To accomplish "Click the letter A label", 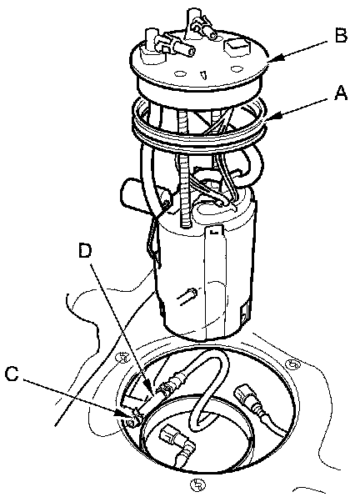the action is pos(341,94).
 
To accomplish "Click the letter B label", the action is pos(341,36).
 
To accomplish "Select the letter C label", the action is pos(12,374).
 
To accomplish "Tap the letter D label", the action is pos(85,252).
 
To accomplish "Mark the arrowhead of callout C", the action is pos(125,413).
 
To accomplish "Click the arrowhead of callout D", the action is pos(152,392).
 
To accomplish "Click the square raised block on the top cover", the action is pos(237,45).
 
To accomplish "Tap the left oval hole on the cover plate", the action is pos(180,74).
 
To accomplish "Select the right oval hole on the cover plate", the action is pos(237,68).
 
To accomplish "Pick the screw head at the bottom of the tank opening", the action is pos(197,484).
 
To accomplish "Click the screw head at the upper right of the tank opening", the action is pos(292,364).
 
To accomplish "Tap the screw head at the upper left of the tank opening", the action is pos(122,358).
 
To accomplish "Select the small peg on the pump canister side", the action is pos(188,296).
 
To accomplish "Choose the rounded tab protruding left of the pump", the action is pos(131,193).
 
